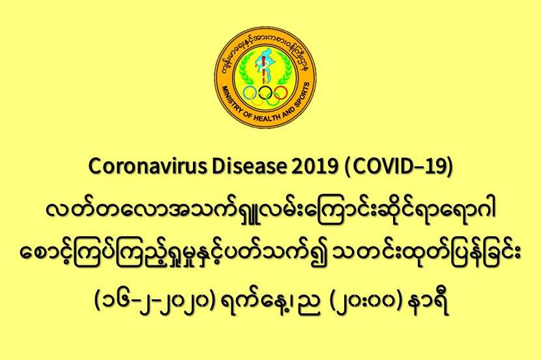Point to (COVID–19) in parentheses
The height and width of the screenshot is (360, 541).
[x=398, y=167]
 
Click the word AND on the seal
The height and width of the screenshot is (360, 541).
[x=285, y=111]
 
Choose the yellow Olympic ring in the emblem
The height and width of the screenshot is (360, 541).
[x=257, y=100]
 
